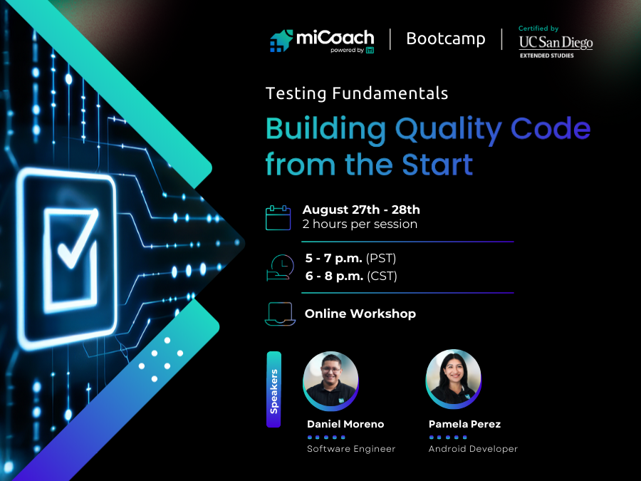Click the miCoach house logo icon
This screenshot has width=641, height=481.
pos(282,41)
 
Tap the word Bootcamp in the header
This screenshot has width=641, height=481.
pos(445,38)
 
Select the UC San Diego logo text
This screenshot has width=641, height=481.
pos(556,42)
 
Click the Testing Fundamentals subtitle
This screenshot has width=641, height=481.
pos(357,93)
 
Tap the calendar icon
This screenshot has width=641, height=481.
pos(278,217)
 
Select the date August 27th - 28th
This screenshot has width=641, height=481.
pos(361,210)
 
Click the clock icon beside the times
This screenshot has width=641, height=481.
pos(280,267)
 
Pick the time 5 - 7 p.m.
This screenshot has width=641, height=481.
pos(334,259)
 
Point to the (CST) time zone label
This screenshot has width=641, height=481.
pos(382,276)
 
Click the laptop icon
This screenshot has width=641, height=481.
pos(279,314)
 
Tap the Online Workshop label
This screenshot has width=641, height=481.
pos(360,314)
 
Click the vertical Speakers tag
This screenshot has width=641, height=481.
pos(273,389)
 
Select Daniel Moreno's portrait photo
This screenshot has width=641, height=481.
pos(330,379)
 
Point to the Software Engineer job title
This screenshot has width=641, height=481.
pos(351,449)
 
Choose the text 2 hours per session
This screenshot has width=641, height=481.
pos(360,224)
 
